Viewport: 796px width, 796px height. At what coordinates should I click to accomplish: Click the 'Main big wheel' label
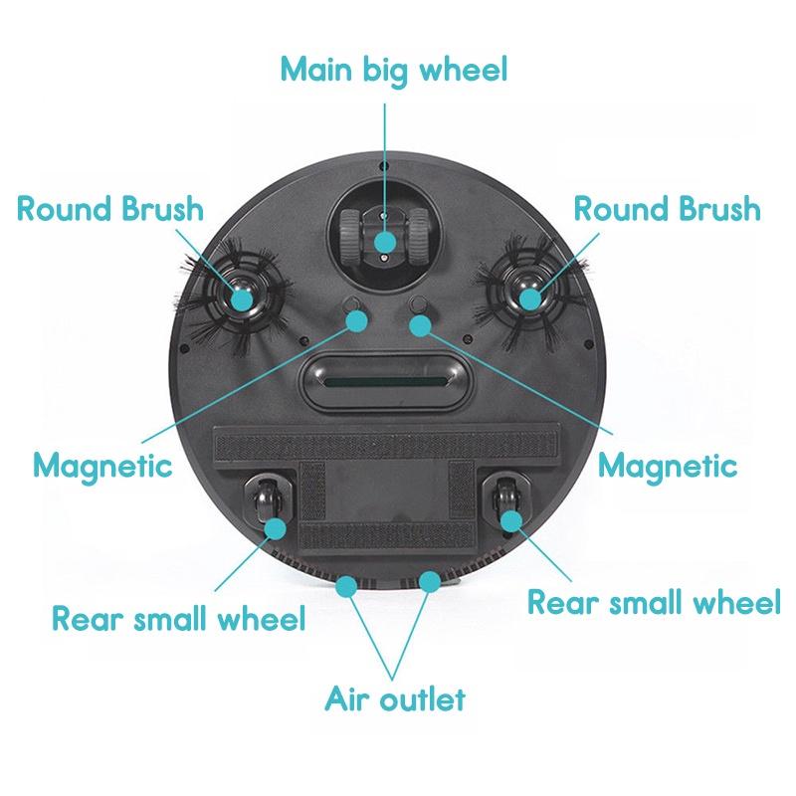click(x=394, y=70)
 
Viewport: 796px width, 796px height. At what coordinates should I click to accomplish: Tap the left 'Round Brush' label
click(x=110, y=208)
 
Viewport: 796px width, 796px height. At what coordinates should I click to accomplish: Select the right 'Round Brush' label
click(x=667, y=208)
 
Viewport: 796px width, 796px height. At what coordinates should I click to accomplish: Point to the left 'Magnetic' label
click(x=103, y=466)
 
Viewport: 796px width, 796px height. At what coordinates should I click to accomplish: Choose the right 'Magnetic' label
click(x=668, y=466)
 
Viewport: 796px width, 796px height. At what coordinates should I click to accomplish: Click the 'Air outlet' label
click(x=395, y=699)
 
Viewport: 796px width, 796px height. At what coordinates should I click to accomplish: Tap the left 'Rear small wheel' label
click(x=179, y=618)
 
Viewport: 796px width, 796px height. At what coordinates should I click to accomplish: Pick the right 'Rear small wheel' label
click(x=654, y=602)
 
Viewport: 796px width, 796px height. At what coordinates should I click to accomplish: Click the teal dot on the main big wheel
click(x=385, y=242)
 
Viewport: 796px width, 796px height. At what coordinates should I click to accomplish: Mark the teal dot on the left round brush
click(x=242, y=299)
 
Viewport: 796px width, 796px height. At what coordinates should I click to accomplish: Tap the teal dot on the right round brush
click(x=530, y=299)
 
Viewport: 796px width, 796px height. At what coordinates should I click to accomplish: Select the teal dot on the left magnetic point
click(x=356, y=320)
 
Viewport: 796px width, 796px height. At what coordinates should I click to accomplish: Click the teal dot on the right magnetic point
click(x=420, y=325)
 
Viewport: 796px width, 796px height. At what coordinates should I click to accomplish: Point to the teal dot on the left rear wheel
click(x=276, y=528)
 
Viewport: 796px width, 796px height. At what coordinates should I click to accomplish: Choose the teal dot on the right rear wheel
click(x=511, y=520)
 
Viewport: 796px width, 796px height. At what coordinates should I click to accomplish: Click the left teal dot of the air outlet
click(x=346, y=586)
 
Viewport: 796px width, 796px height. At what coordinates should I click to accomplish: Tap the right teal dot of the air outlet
click(x=430, y=582)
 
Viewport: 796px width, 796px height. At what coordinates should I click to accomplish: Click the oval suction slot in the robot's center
click(x=385, y=381)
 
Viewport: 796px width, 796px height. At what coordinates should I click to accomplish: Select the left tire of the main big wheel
click(x=351, y=235)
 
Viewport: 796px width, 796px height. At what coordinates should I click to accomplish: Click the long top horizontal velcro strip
click(x=387, y=444)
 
